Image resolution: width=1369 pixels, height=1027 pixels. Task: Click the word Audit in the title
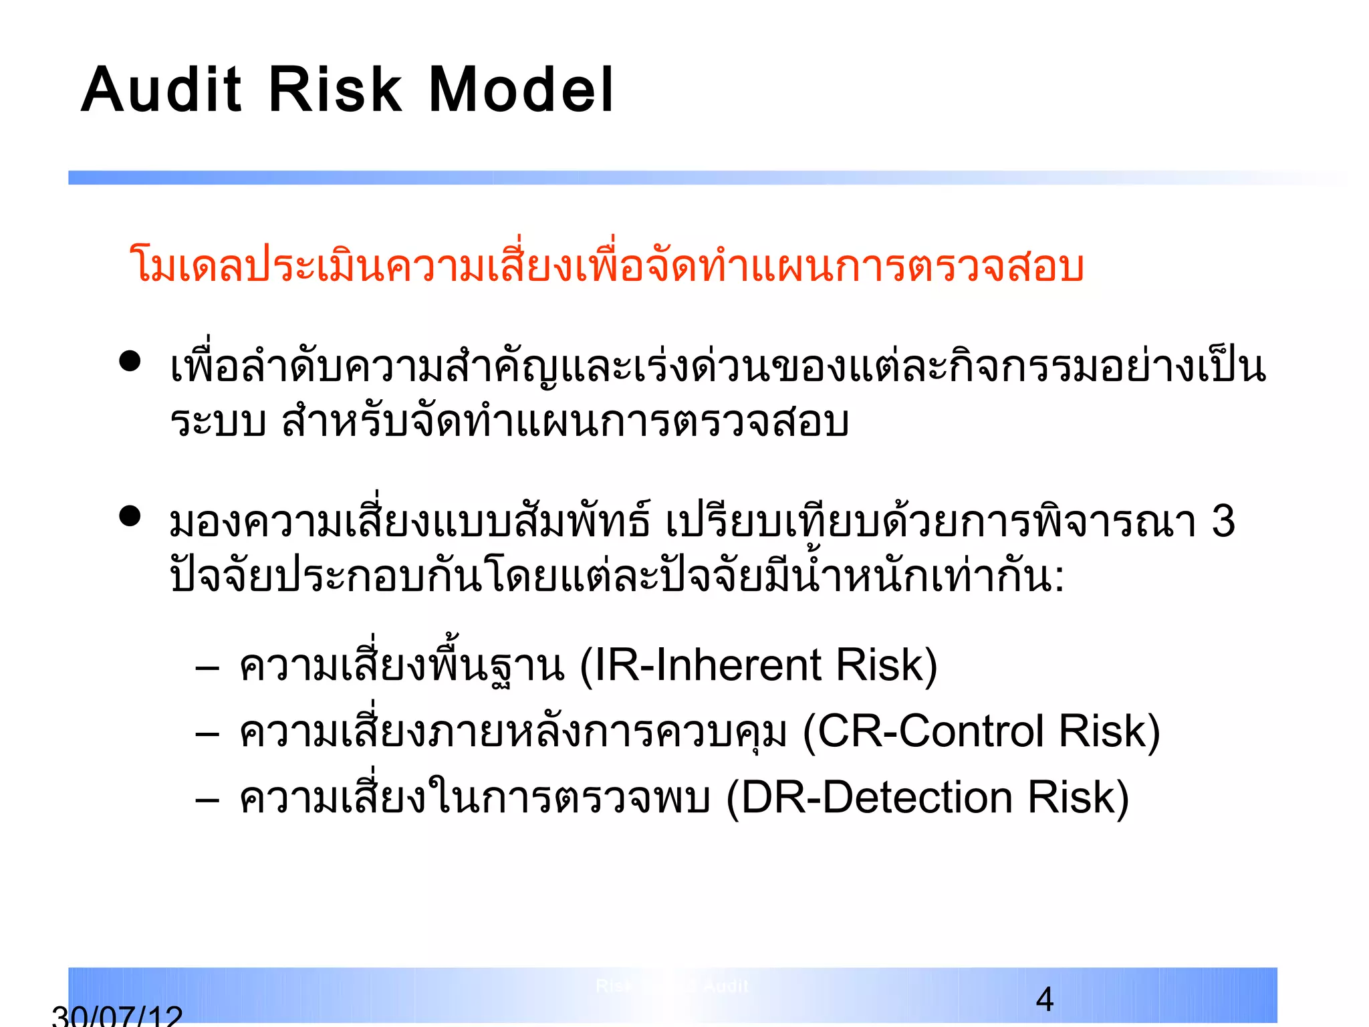pyautogui.click(x=161, y=91)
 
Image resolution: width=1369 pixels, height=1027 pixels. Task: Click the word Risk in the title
pyautogui.click(x=334, y=91)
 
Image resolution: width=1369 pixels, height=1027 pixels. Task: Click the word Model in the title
pyautogui.click(x=520, y=91)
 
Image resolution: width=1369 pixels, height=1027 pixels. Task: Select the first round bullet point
pyautogui.click(x=130, y=362)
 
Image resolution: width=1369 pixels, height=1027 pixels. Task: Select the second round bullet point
pyautogui.click(x=130, y=516)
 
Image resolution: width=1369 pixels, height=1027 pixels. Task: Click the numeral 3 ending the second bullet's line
pyautogui.click(x=1223, y=522)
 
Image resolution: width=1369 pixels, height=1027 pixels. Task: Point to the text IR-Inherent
pyautogui.click(x=707, y=666)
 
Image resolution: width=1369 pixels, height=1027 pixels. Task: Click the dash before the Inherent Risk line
pyautogui.click(x=208, y=668)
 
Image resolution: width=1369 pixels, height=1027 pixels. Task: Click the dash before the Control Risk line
pyautogui.click(x=208, y=734)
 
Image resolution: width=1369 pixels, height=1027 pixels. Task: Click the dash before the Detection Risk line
pyautogui.click(x=208, y=800)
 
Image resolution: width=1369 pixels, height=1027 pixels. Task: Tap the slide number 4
pyautogui.click(x=1045, y=1000)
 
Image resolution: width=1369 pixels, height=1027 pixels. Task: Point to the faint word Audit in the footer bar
pyautogui.click(x=726, y=986)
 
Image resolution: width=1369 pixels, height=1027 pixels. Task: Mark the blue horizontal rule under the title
pyautogui.click(x=668, y=178)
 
